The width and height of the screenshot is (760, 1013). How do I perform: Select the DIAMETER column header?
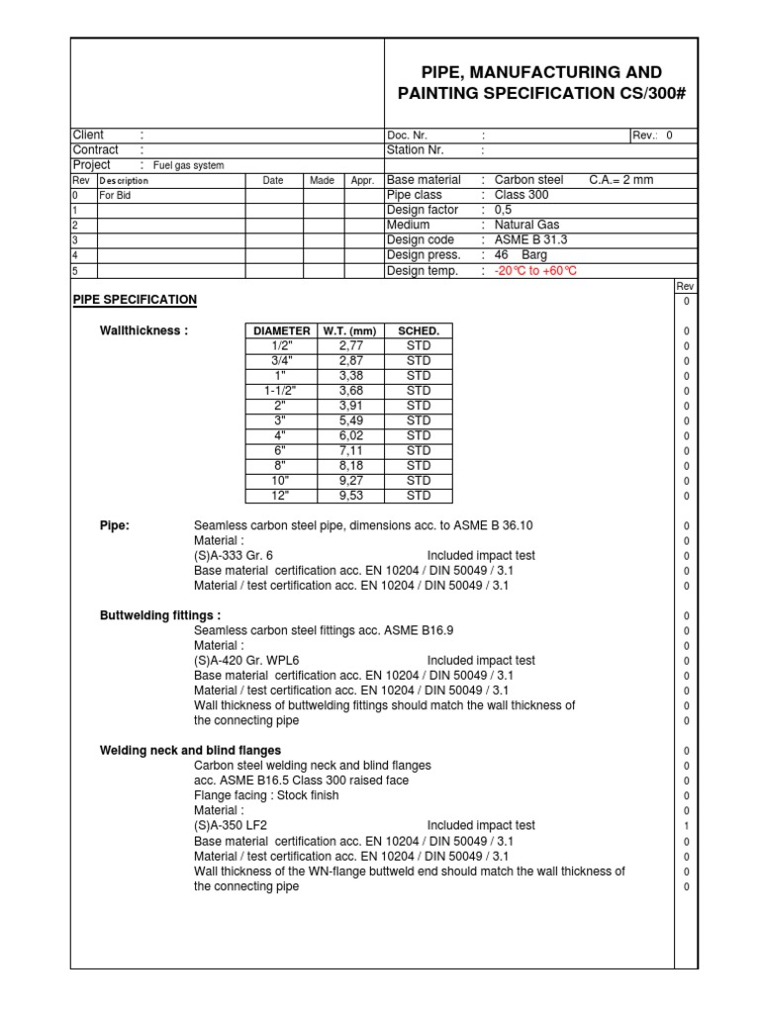point(282,330)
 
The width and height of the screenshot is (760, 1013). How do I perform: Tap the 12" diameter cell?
point(282,496)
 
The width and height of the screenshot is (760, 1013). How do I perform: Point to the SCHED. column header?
point(419,330)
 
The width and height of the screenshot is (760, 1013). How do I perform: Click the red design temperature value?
point(535,271)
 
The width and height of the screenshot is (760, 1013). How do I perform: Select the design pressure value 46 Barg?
point(520,255)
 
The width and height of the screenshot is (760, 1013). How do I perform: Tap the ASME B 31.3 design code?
point(530,240)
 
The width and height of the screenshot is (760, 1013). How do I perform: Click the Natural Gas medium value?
point(526,226)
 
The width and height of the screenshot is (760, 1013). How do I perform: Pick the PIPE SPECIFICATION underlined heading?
point(136,300)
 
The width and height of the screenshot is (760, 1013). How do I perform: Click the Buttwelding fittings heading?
point(160,615)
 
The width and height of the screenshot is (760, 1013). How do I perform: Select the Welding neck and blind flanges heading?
point(190,750)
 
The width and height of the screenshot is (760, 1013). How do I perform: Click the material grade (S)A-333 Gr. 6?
point(234,556)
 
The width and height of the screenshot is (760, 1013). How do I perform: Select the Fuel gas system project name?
point(188,165)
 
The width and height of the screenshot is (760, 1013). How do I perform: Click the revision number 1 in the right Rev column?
point(686,825)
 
